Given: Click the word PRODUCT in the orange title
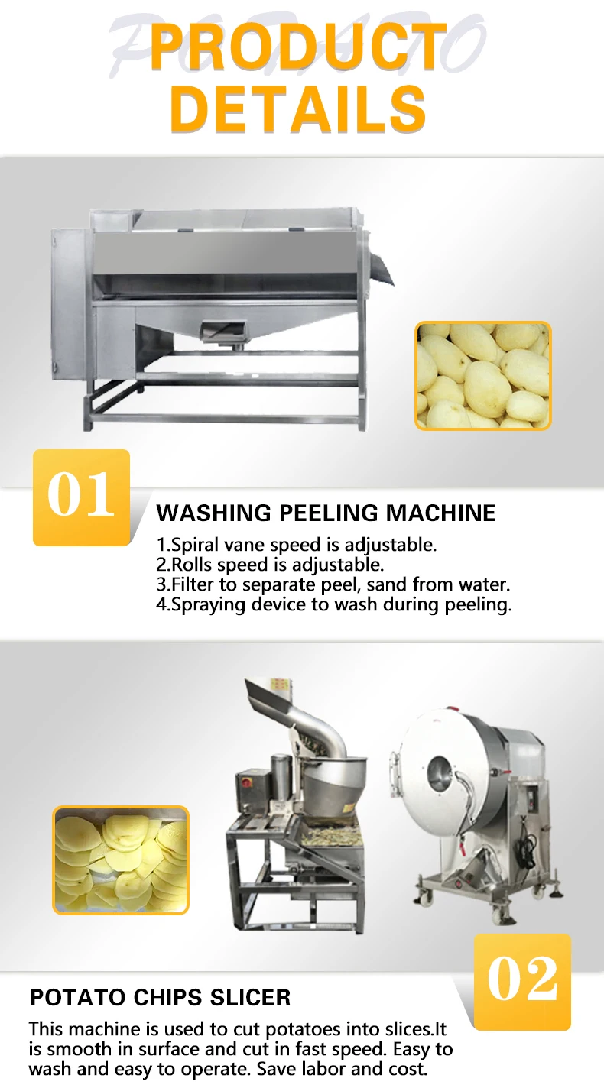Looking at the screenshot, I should [x=299, y=47].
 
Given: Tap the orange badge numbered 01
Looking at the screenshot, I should [x=81, y=497].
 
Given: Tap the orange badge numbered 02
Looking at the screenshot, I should [x=522, y=981].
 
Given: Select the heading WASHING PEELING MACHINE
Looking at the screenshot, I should [x=326, y=513].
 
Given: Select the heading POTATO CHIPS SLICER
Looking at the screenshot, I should [x=161, y=997].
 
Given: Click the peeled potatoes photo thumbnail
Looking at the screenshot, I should [x=483, y=375].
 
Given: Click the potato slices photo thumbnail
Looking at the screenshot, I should [x=121, y=860].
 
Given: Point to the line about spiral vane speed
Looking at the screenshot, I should [x=297, y=546].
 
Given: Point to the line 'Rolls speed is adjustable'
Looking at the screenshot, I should [x=270, y=565].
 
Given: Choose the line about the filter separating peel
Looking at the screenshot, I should [x=333, y=585].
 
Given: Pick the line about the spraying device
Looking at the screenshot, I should [x=333, y=605].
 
